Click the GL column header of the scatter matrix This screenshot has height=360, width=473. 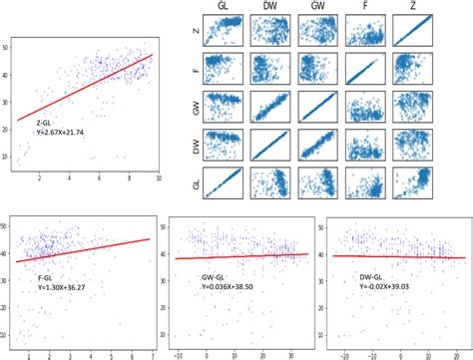(228, 8)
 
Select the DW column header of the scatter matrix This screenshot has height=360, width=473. (270, 8)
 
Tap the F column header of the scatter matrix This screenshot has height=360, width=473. (364, 8)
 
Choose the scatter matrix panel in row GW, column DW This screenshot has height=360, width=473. (271, 109)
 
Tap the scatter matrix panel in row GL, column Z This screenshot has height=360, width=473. (411, 182)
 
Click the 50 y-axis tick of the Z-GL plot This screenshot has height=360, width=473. (8, 48)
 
